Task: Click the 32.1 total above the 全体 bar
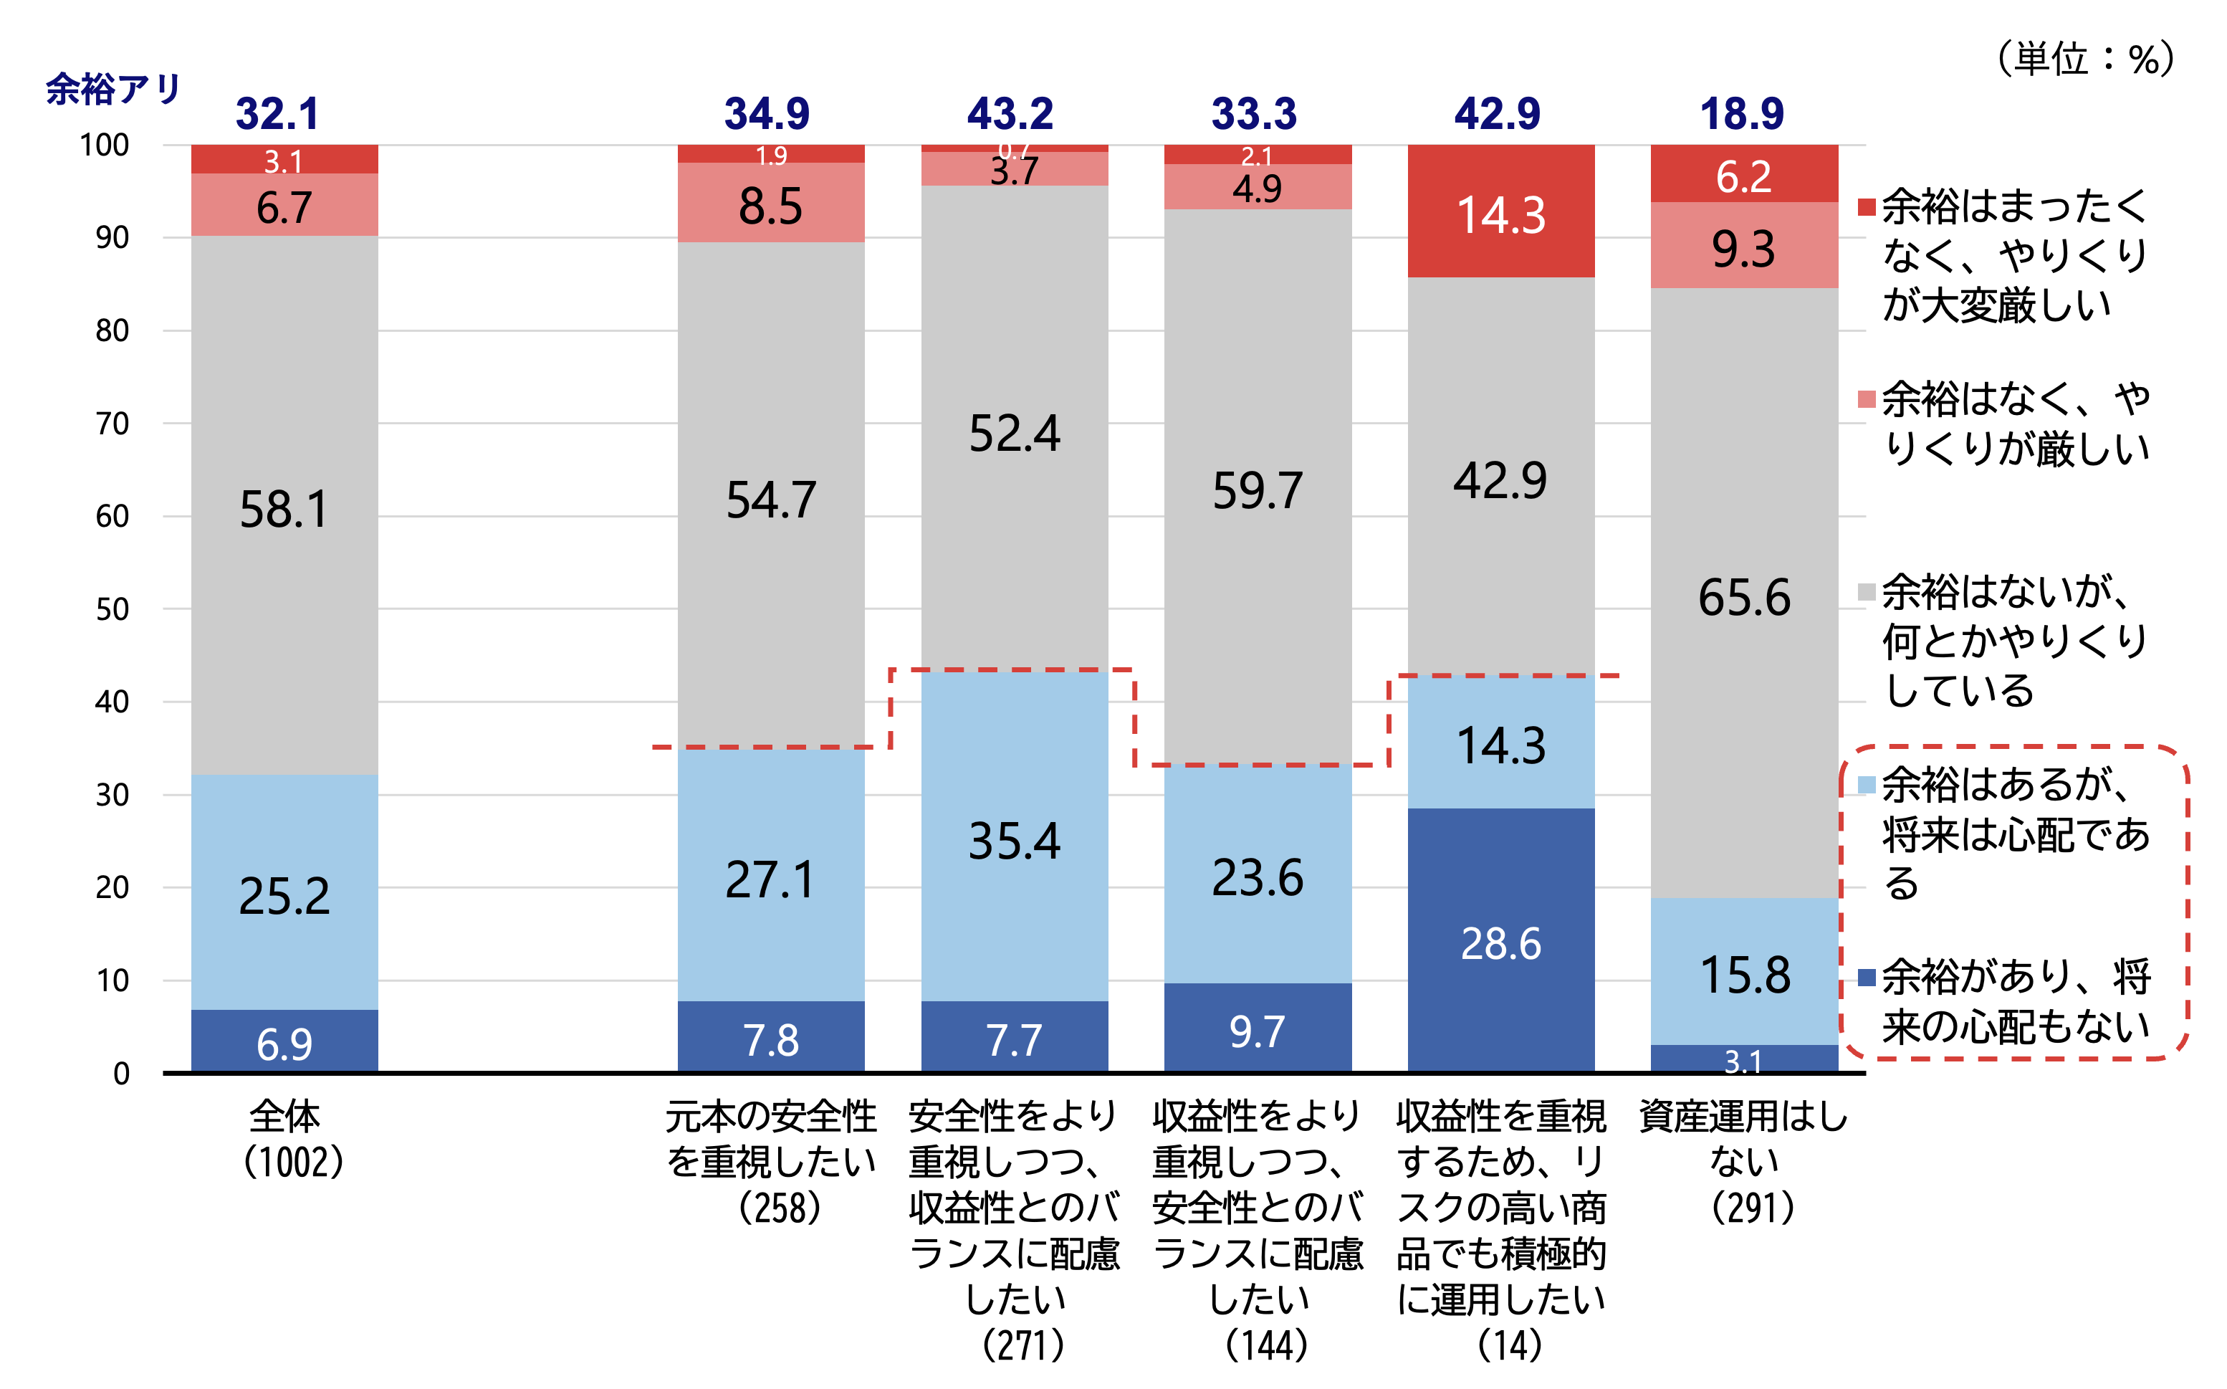coord(277,114)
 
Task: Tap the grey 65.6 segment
coord(1744,596)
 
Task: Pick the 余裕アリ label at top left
coord(113,89)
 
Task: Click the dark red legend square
coord(1865,206)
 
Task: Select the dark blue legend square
coord(1865,978)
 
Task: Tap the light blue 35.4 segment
coord(1014,838)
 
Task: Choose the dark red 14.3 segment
coord(1500,212)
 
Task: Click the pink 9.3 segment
coord(1744,247)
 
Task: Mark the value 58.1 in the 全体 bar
coord(284,508)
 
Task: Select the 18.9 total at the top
coord(1741,114)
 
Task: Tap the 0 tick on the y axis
coord(121,1073)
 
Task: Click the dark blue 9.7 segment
coord(1258,1029)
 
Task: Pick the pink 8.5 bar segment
coord(770,204)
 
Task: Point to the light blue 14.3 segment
coord(1500,743)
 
